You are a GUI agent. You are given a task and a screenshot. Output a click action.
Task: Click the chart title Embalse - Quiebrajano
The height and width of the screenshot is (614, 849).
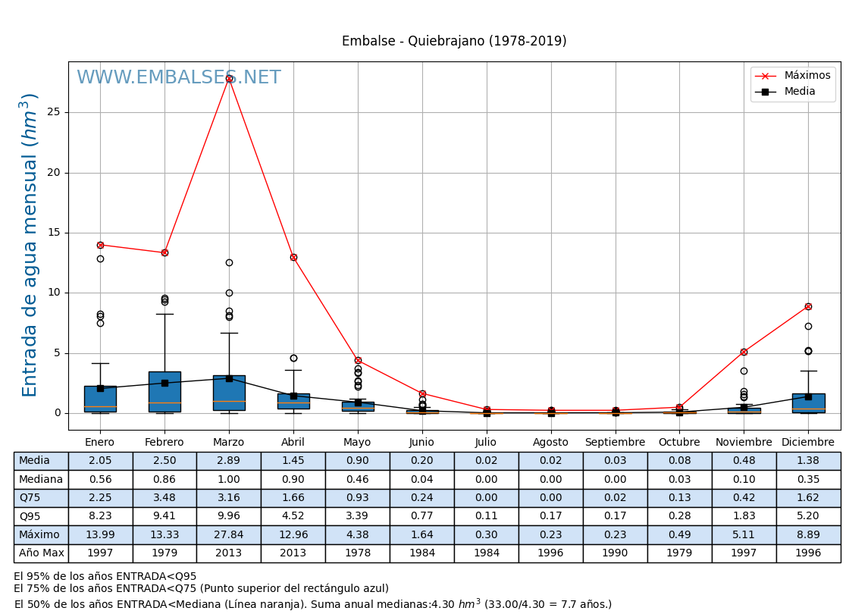tap(454, 42)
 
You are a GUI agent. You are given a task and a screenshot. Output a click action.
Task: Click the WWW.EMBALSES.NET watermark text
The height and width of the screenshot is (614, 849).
tap(178, 78)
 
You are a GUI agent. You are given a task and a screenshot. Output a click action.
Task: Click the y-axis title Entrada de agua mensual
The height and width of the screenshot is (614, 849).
tap(30, 245)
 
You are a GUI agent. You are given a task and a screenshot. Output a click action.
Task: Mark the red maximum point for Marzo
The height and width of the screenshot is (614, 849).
tap(229, 78)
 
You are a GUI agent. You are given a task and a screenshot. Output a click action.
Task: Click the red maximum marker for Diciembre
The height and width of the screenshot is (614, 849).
tap(808, 306)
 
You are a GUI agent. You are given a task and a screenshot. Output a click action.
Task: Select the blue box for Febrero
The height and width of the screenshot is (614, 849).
tap(164, 391)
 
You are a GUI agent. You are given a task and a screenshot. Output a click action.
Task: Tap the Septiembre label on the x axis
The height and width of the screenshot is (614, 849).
tap(615, 443)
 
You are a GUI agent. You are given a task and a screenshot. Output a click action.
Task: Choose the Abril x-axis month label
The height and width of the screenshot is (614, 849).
tap(293, 443)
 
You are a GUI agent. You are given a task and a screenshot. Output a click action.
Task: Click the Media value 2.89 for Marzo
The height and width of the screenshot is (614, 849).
tap(228, 461)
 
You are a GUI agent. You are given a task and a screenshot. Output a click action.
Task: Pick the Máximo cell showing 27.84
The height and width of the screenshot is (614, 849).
tap(228, 535)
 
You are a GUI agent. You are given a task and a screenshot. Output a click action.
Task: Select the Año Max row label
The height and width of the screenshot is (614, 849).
tap(41, 553)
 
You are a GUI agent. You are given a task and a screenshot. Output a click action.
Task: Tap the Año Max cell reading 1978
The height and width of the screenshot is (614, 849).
tap(357, 553)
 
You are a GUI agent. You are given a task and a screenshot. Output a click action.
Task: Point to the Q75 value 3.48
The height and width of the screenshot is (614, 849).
tap(164, 498)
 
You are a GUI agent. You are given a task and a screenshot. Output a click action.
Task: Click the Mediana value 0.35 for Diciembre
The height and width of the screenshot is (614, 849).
tap(808, 480)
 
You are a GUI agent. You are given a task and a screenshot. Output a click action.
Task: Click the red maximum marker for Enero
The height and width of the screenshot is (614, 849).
tap(100, 245)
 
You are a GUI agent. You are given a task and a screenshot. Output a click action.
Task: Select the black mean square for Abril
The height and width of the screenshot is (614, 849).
tap(293, 396)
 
